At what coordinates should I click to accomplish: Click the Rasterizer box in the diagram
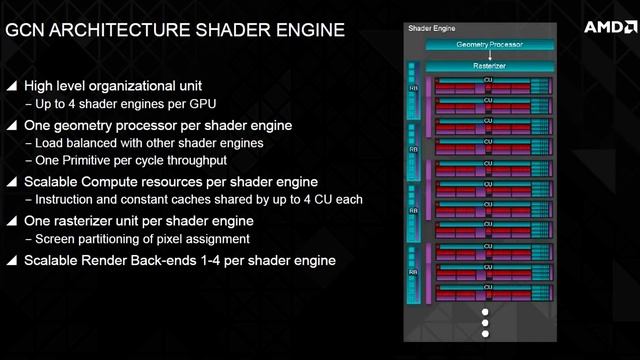[x=488, y=66]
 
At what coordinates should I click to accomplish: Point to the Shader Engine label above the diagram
[x=430, y=28]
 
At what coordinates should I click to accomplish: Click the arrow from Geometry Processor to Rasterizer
[x=488, y=56]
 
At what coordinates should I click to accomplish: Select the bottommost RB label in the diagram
[x=412, y=271]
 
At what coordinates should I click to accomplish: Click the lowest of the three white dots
[x=485, y=338]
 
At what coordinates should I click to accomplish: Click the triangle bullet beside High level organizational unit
[x=11, y=87]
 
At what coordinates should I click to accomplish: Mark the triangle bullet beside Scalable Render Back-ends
[x=11, y=260]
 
